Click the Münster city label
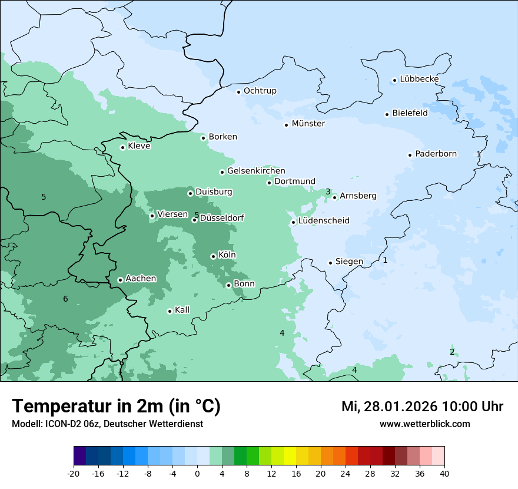click(x=308, y=124)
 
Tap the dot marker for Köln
click(x=213, y=256)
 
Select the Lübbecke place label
click(x=419, y=79)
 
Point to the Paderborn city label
click(x=436, y=154)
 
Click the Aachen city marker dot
click(x=120, y=280)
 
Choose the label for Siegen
click(x=349, y=262)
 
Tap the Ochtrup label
click(x=260, y=91)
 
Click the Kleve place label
click(x=139, y=146)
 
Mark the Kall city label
click(x=182, y=310)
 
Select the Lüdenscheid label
click(x=324, y=221)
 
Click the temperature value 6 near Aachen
click(x=65, y=299)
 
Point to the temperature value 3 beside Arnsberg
click(x=328, y=191)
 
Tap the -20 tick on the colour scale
click(x=74, y=474)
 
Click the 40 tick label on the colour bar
click(x=444, y=474)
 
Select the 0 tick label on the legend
click(x=197, y=474)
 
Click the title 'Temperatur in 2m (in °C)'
click(x=117, y=406)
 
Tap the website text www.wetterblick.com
click(x=424, y=424)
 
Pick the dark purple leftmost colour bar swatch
click(x=79, y=456)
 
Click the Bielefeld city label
click(x=410, y=113)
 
